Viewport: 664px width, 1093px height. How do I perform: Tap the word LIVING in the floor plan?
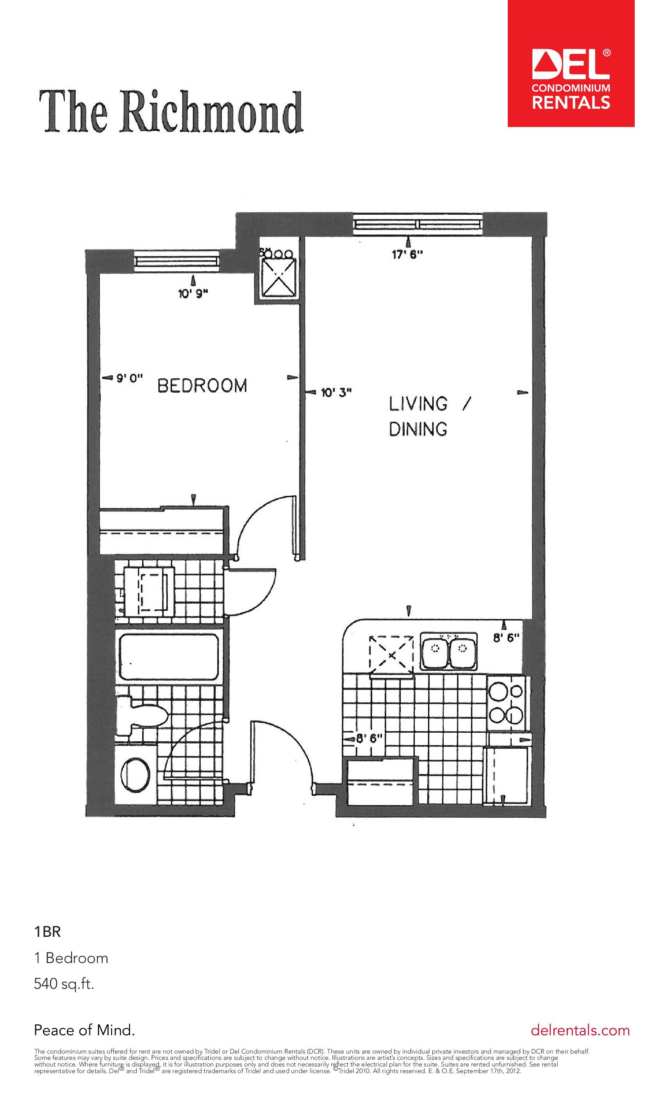[418, 404]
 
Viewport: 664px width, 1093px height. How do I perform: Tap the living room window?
[418, 224]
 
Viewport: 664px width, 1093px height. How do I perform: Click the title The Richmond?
[172, 111]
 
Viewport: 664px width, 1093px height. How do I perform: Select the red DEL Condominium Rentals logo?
[571, 63]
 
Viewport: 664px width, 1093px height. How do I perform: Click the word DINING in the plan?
[418, 429]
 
